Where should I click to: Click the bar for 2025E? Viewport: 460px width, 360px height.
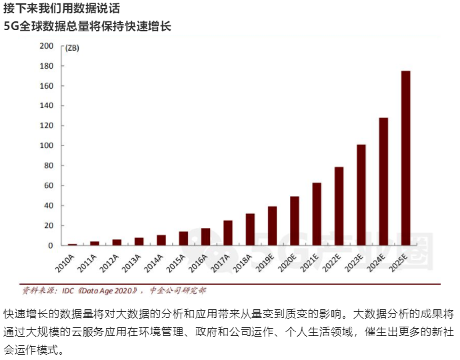pos(405,158)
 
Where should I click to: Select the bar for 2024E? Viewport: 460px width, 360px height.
pos(383,181)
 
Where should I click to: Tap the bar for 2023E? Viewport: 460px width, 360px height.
pos(361,195)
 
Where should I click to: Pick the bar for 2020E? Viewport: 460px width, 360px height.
pos(294,221)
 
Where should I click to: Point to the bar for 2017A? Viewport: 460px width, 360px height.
pos(228,233)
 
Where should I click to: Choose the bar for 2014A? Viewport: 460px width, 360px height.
pos(161,240)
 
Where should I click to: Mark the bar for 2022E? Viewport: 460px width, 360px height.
pos(339,206)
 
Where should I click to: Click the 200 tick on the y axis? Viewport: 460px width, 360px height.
pos(46,46)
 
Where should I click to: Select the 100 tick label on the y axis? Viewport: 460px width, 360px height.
pos(46,145)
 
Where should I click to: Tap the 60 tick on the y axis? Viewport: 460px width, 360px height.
pos(49,185)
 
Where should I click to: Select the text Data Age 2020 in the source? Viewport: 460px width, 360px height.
pos(107,291)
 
